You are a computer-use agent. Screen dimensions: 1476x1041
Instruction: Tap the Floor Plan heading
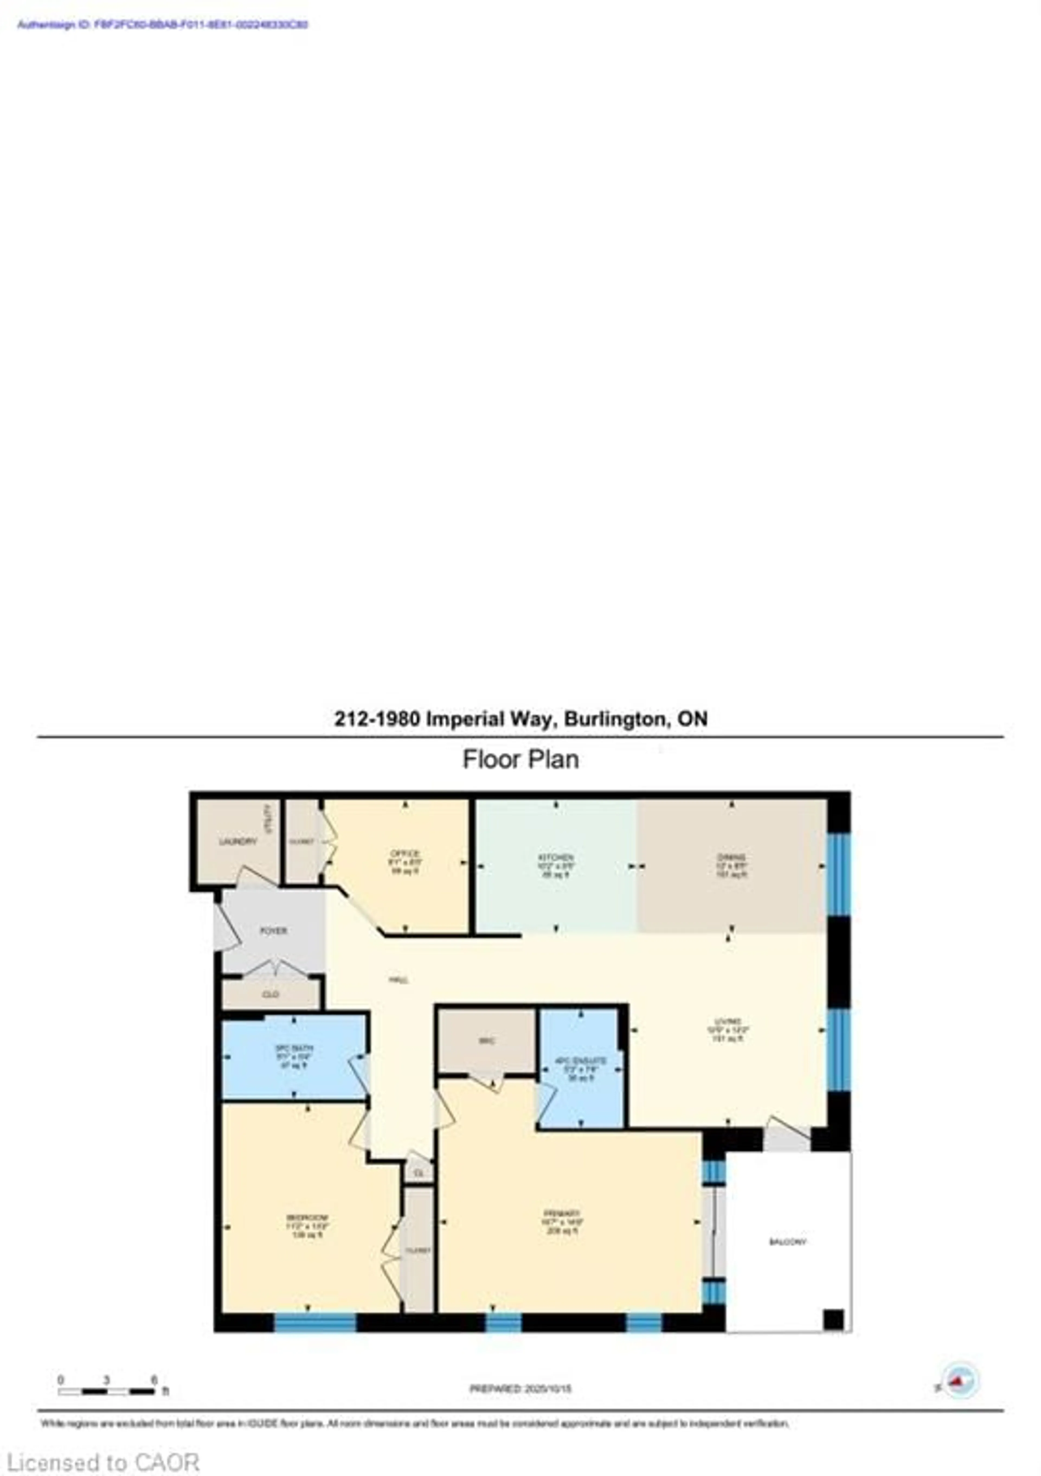[x=520, y=759]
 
